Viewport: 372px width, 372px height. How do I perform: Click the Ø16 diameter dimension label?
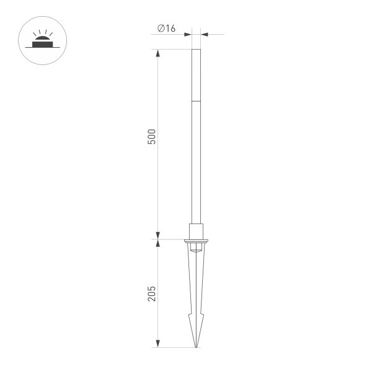tap(166, 29)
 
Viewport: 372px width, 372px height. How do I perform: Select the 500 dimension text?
tap(152, 136)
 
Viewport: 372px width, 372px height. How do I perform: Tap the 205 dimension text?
tap(152, 294)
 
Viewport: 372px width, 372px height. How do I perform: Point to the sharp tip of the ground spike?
tap(196, 347)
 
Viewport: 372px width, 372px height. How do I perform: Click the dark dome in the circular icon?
tap(42, 38)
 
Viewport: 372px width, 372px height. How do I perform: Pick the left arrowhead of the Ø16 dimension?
tap(188, 34)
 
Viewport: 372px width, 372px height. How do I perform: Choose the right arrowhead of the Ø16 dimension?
tap(204, 34)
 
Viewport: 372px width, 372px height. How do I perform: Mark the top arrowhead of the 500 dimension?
tap(157, 53)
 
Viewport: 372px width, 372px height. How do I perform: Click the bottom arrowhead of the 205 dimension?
tap(157, 343)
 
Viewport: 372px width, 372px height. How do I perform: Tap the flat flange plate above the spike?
tap(196, 241)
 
